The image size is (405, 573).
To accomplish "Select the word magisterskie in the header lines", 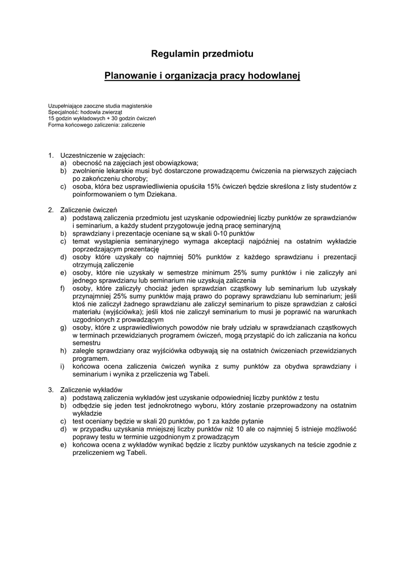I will pyautogui.click(x=134, y=106).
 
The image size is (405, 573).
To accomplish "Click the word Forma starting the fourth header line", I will pyautogui.click(x=56, y=125).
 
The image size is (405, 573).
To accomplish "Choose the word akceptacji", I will pyautogui.click(x=224, y=241).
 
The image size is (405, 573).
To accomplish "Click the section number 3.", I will pyautogui.click(x=50, y=389).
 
